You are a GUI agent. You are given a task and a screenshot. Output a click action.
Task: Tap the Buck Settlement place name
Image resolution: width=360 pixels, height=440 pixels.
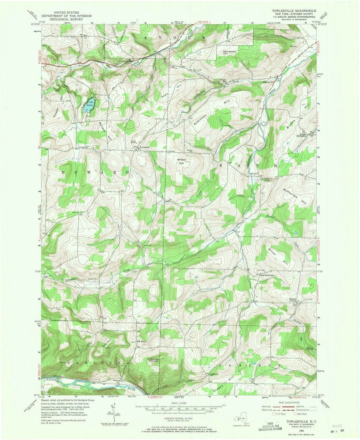point(267,275)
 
